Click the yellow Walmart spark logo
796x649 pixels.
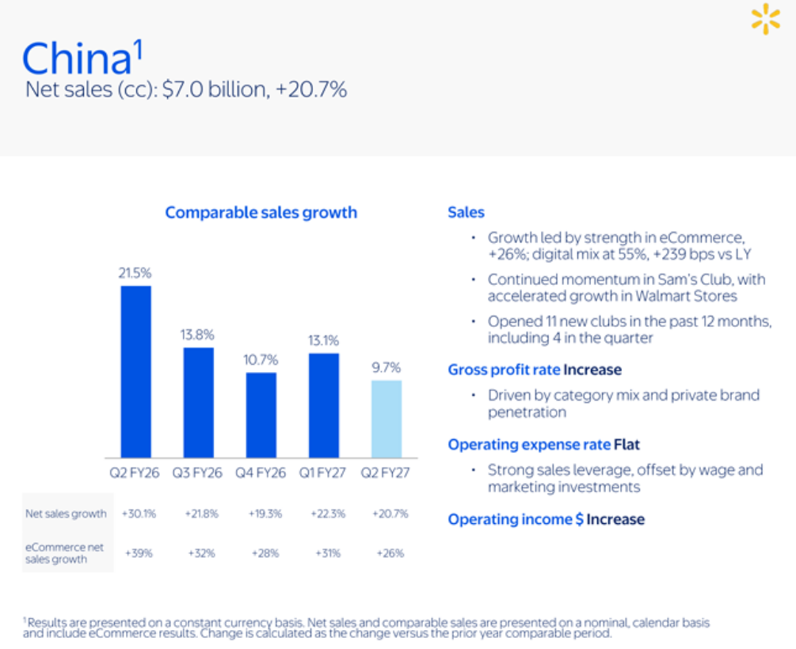pyautogui.click(x=766, y=19)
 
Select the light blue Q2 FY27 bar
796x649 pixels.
pyautogui.click(x=387, y=419)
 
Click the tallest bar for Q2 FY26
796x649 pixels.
pyautogui.click(x=135, y=372)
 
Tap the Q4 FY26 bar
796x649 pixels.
pyautogui.click(x=261, y=415)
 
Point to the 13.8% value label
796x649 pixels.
pyautogui.click(x=197, y=335)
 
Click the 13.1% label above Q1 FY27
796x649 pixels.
pyautogui.click(x=323, y=340)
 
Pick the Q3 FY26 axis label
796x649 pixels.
pyautogui.click(x=197, y=473)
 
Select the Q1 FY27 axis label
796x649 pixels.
pyautogui.click(x=322, y=473)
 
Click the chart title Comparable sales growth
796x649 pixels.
pyautogui.click(x=261, y=213)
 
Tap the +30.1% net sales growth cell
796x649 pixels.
pyautogui.click(x=139, y=514)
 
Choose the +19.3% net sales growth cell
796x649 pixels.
pyautogui.click(x=265, y=514)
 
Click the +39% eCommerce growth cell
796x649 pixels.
pyautogui.click(x=139, y=553)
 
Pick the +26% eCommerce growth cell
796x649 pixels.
pyautogui.click(x=390, y=553)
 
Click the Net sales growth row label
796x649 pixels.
pyautogui.click(x=66, y=514)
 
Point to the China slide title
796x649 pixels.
pyautogui.click(x=82, y=57)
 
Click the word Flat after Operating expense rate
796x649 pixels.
pyautogui.click(x=627, y=445)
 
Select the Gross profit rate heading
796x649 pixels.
pyautogui.click(x=504, y=370)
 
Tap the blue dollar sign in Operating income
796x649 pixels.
pyautogui.click(x=579, y=520)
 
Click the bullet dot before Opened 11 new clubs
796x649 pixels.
pyautogui.click(x=473, y=321)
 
